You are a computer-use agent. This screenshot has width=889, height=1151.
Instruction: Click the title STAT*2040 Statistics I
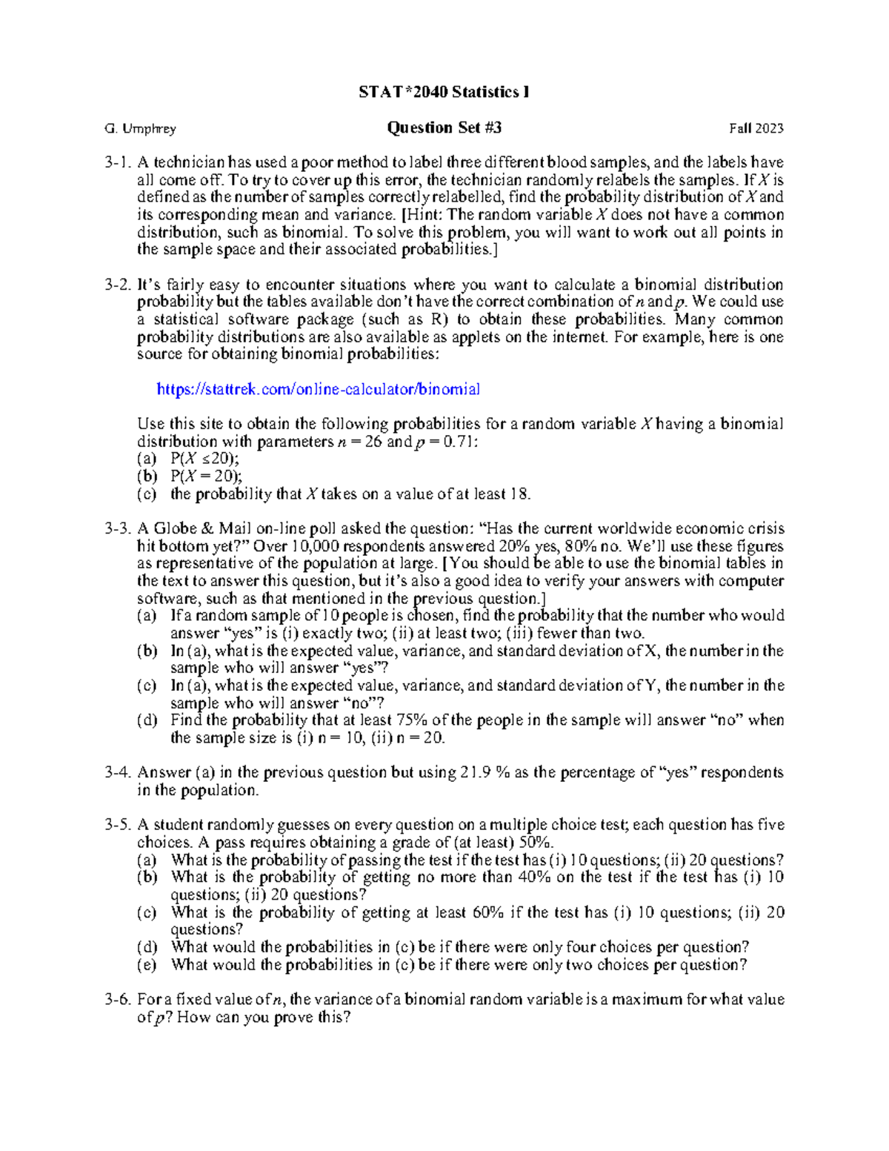click(x=444, y=92)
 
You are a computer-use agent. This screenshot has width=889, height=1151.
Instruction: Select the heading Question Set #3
click(x=444, y=127)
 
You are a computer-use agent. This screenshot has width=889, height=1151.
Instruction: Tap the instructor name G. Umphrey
click(x=141, y=129)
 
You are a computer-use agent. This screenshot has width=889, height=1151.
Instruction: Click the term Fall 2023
click(x=756, y=129)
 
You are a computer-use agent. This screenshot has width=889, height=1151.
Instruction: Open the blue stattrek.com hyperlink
click(x=319, y=389)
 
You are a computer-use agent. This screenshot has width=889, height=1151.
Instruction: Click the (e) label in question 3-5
click(x=147, y=965)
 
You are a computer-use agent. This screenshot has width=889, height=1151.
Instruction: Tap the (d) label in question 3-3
click(x=147, y=720)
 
